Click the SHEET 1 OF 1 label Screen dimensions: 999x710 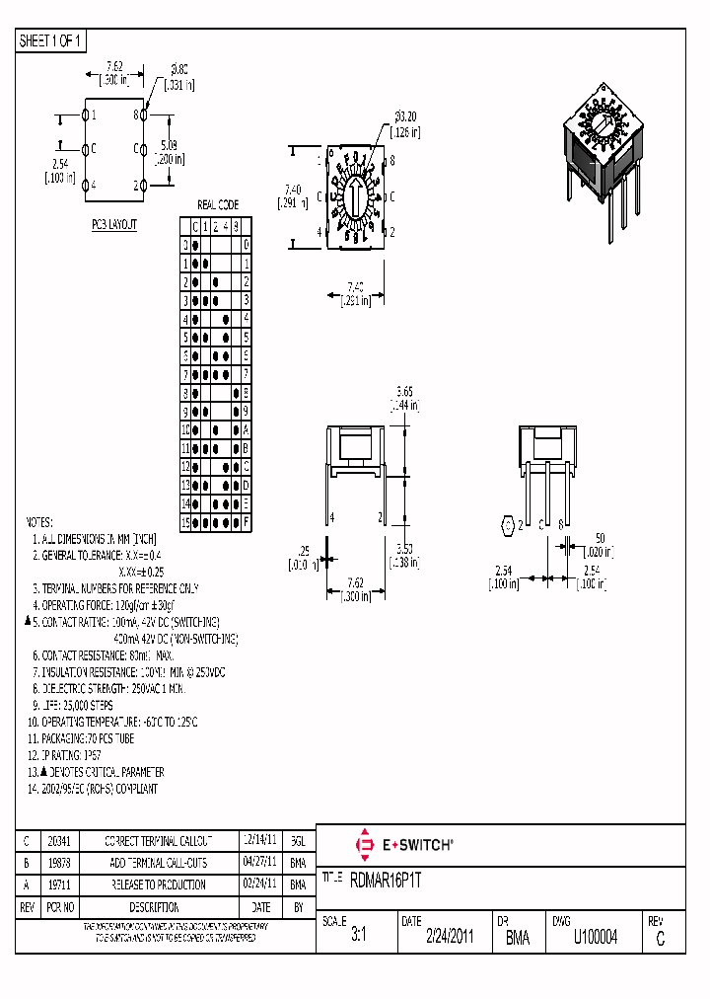[x=52, y=40]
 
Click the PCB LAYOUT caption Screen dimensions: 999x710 [x=114, y=225]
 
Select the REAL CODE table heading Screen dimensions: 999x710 [x=218, y=204]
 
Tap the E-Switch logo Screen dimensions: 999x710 [x=403, y=845]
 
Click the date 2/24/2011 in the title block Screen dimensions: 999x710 [x=450, y=938]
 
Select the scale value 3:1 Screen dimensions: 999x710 [x=358, y=938]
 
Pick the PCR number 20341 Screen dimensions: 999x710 [x=59, y=841]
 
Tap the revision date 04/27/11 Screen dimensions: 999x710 [x=259, y=863]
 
